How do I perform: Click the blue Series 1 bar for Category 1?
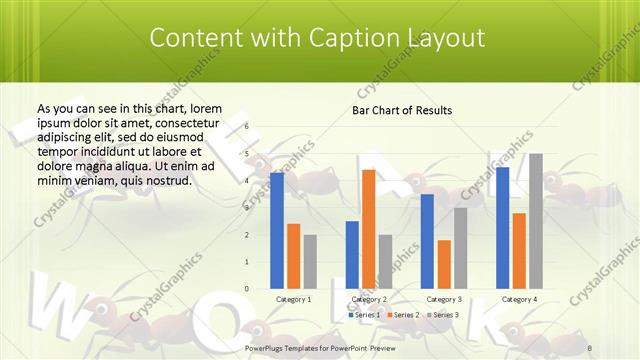pos(277,230)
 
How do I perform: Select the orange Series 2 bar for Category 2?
pos(368,229)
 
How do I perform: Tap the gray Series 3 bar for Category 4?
pos(535,221)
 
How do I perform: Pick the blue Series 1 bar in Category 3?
pos(427,241)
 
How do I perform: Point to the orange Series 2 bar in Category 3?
pos(444,264)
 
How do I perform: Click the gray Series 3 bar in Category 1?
pos(310,261)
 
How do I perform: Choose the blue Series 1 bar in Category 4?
pos(502,227)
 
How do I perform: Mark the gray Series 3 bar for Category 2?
pos(385,261)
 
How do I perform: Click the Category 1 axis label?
pos(293,299)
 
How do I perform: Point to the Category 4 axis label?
pos(519,299)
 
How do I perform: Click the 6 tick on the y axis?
pos(247,127)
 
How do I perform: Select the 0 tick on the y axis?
pos(247,289)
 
